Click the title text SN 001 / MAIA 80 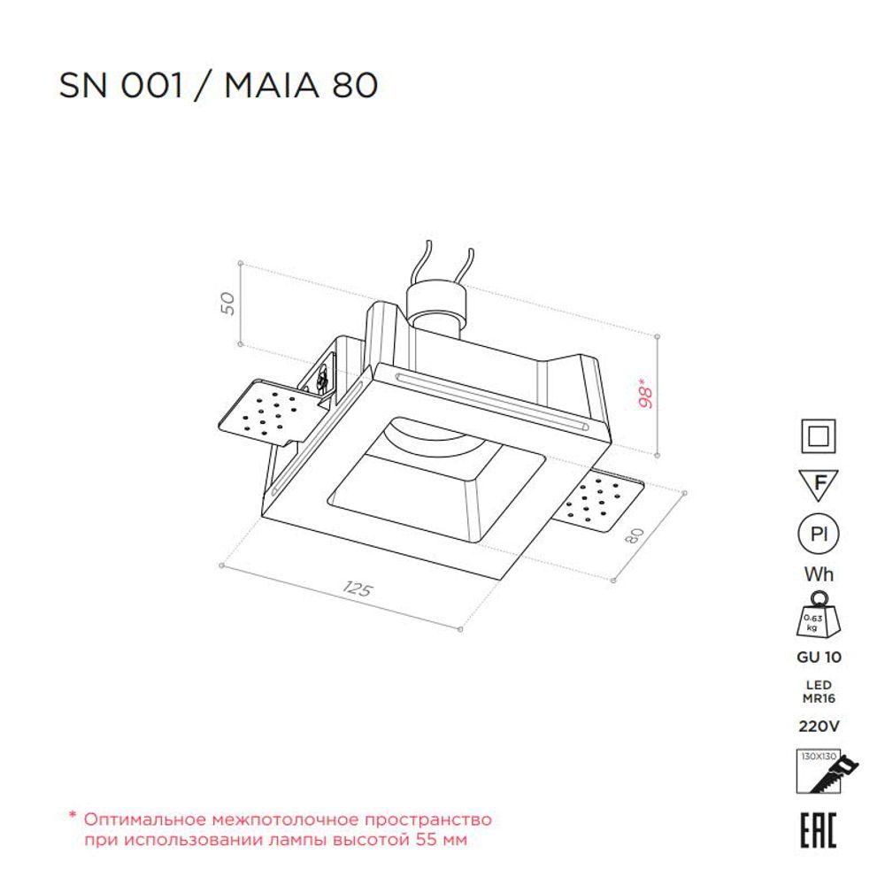pyautogui.click(x=219, y=85)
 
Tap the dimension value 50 pyautogui.click(x=227, y=303)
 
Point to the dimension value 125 pyautogui.click(x=356, y=590)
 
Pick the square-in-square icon pyautogui.click(x=819, y=436)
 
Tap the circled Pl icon pyautogui.click(x=819, y=535)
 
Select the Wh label pyautogui.click(x=819, y=574)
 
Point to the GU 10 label pyautogui.click(x=819, y=658)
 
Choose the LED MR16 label pyautogui.click(x=819, y=690)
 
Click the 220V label pyautogui.click(x=819, y=727)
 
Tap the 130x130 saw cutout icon pyautogui.click(x=819, y=773)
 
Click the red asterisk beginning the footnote pyautogui.click(x=73, y=819)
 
